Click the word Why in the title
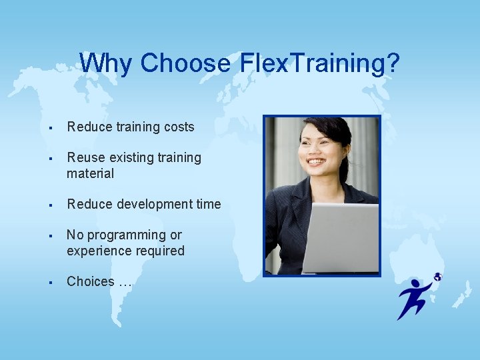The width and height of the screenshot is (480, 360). point(107,63)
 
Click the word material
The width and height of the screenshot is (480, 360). point(90,173)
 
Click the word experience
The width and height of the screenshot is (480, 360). point(98,251)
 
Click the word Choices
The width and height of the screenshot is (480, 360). point(91,281)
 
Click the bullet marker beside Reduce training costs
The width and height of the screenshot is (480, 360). point(51,127)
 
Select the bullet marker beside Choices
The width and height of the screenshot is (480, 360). point(51,282)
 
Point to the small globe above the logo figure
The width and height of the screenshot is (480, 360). point(437,277)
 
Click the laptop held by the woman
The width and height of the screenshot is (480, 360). point(339,237)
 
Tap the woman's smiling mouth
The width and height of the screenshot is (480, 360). point(316,161)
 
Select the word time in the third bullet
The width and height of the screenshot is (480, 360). point(207,204)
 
